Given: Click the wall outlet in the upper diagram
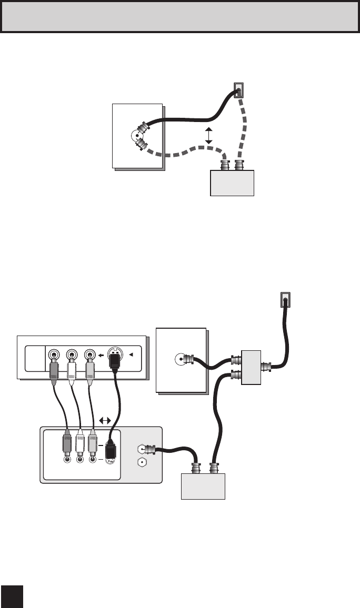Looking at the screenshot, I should [x=239, y=91].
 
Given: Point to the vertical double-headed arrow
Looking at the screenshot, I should [x=209, y=135].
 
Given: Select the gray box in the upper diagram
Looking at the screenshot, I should [x=232, y=183].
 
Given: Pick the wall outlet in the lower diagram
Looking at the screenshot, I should [x=284, y=300].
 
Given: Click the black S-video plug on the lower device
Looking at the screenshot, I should [x=111, y=449].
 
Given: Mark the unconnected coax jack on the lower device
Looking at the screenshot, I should [x=141, y=463].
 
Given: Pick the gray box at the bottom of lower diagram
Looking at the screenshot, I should [x=203, y=486].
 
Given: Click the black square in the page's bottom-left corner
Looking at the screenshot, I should [x=12, y=596].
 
